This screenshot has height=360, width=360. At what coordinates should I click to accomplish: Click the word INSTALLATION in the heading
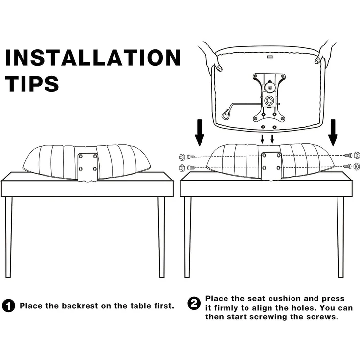pos(93,57)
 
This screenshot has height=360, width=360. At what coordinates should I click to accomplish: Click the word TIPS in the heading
pos(32,84)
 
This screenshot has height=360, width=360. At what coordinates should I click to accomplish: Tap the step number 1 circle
pos(8,306)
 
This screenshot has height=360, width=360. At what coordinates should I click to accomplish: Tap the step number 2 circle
pos(194,304)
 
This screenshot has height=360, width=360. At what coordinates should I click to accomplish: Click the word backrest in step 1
pos(80,306)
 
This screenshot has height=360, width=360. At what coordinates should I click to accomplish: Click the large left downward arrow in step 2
pos(199,133)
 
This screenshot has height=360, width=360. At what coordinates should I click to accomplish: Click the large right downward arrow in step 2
pos(333,133)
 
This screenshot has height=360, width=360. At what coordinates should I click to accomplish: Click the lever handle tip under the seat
pos(226,114)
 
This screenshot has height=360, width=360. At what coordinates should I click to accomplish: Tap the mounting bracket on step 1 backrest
pos(88,166)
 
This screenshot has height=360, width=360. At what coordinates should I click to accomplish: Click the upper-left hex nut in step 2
pos(182,157)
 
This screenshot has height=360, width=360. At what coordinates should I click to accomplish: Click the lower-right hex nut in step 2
pos(357,166)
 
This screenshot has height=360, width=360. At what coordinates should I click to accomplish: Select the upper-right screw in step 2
pos(348,156)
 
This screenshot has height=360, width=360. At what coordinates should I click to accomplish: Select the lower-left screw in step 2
pos(191,168)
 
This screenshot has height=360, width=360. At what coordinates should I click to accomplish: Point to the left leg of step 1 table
pos(8,237)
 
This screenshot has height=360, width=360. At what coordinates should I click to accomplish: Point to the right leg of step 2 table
pos(340,237)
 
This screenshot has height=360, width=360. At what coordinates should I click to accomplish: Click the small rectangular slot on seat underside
pos(270,56)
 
